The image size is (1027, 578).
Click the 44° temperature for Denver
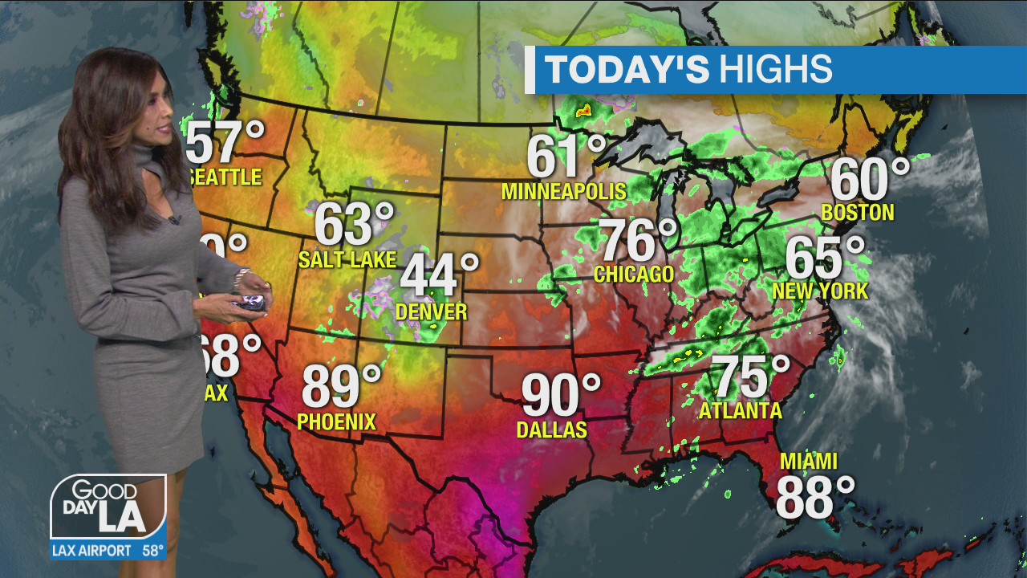pos(439,277)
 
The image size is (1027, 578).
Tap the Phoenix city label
pos(336,421)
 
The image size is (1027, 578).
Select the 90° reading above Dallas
pos(561,396)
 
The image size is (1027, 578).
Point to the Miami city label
pos(809,462)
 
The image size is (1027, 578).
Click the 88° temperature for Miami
pos(814,498)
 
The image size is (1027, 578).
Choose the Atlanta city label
pos(740,411)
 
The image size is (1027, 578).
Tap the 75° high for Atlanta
pos(750,377)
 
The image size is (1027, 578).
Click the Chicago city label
pos(634,275)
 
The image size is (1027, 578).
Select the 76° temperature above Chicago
pos(639,240)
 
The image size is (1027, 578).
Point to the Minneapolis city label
pos(563,192)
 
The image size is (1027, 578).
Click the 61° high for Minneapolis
pos(566,157)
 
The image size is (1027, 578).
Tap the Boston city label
pos(858,213)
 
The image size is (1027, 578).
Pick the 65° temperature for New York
pos(825,258)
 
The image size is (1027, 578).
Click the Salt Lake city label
pos(347,259)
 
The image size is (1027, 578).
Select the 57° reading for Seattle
pos(225,142)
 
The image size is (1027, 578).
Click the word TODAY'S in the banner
pos(627,70)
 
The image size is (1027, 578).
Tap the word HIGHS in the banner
pos(775,70)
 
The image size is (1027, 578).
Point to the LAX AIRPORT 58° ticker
pos(108,551)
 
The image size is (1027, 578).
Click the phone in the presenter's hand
pos(250,302)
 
